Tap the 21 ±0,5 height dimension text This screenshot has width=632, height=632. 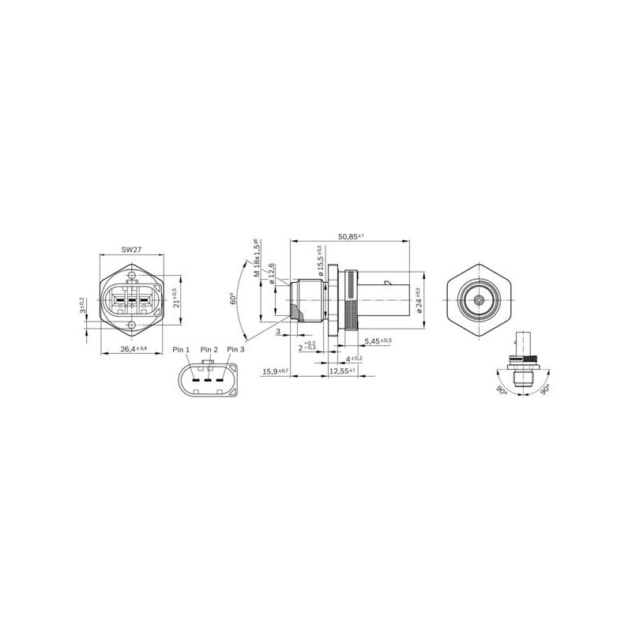175,299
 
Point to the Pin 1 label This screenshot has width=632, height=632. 181,349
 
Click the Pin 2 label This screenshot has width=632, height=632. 209,349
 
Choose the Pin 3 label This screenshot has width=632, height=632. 235,349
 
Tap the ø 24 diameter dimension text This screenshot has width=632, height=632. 417,300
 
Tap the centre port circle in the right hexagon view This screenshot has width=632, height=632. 480,300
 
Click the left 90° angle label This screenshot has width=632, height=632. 500,390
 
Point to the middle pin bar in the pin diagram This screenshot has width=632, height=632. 209,380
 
